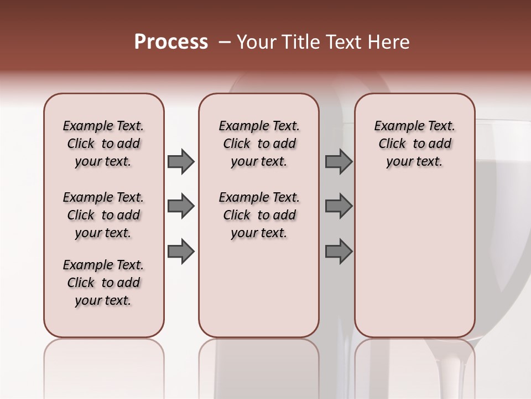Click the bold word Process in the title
coord(171,42)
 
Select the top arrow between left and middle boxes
coord(181,161)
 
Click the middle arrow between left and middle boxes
coord(181,206)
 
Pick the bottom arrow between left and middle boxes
coord(181,251)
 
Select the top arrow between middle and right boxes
coord(339,161)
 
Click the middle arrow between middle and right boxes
coord(339,206)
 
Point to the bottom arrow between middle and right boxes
coord(339,251)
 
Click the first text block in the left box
coord(103,144)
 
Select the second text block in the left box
coord(103,215)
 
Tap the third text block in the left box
coord(103,283)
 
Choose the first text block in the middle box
coord(259,144)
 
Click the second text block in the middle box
coord(259,215)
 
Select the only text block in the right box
coord(415,144)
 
